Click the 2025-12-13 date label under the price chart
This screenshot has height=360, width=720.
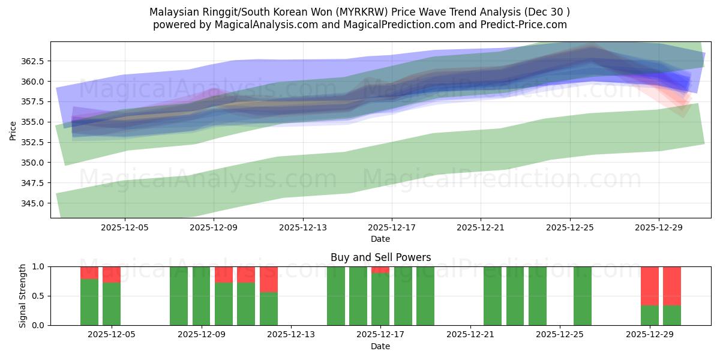click(302, 228)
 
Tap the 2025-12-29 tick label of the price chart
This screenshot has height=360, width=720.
click(659, 228)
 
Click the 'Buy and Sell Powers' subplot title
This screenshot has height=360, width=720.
click(380, 257)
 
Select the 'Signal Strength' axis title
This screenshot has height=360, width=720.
click(22, 296)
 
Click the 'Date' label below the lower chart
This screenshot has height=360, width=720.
click(380, 346)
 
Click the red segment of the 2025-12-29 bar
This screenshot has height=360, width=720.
click(650, 286)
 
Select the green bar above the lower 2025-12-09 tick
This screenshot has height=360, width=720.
click(202, 296)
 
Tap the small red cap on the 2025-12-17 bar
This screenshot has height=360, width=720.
click(380, 269)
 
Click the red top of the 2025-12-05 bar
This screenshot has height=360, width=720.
click(112, 274)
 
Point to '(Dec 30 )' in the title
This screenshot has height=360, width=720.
click(547, 12)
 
